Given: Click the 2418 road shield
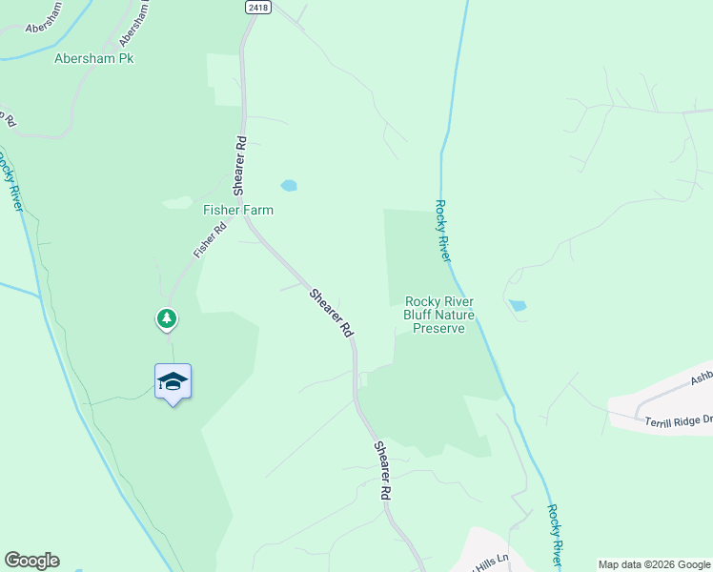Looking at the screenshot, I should [x=257, y=7].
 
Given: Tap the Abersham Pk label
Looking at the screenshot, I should [x=93, y=59].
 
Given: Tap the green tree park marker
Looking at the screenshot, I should [x=167, y=318].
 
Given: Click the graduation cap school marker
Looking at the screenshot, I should [x=173, y=382].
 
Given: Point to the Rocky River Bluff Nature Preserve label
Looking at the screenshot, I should [x=439, y=315].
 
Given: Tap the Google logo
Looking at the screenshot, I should [x=31, y=561].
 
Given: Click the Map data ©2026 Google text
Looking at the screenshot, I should [x=654, y=564].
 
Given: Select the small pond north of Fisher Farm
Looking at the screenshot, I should [x=288, y=185].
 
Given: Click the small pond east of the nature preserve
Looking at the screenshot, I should [x=517, y=306].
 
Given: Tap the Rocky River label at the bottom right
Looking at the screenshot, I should [x=555, y=535].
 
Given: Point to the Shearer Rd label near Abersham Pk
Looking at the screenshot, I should [x=241, y=164].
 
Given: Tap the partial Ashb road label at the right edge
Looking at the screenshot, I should [x=701, y=378].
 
